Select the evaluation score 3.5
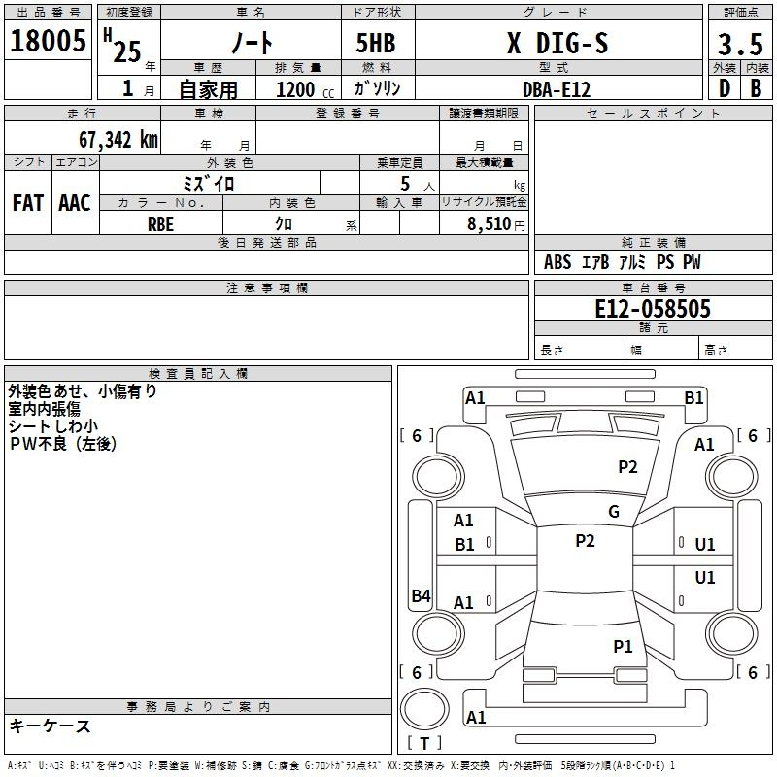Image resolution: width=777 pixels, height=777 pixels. (739, 45)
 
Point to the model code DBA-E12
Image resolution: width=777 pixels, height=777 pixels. (557, 88)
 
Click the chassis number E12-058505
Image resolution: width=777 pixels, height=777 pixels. (653, 309)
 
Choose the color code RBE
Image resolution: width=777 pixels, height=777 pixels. (161, 223)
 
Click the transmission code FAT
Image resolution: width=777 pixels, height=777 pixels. (28, 202)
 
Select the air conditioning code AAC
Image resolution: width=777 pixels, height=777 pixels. (75, 202)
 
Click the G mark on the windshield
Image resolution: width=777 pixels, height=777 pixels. (614, 512)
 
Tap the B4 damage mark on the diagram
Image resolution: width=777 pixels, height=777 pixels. (421, 595)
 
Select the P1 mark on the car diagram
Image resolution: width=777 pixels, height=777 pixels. (623, 646)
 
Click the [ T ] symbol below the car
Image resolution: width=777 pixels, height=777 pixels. (424, 743)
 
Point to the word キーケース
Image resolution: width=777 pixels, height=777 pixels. (50, 726)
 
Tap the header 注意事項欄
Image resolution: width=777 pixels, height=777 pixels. (266, 288)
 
